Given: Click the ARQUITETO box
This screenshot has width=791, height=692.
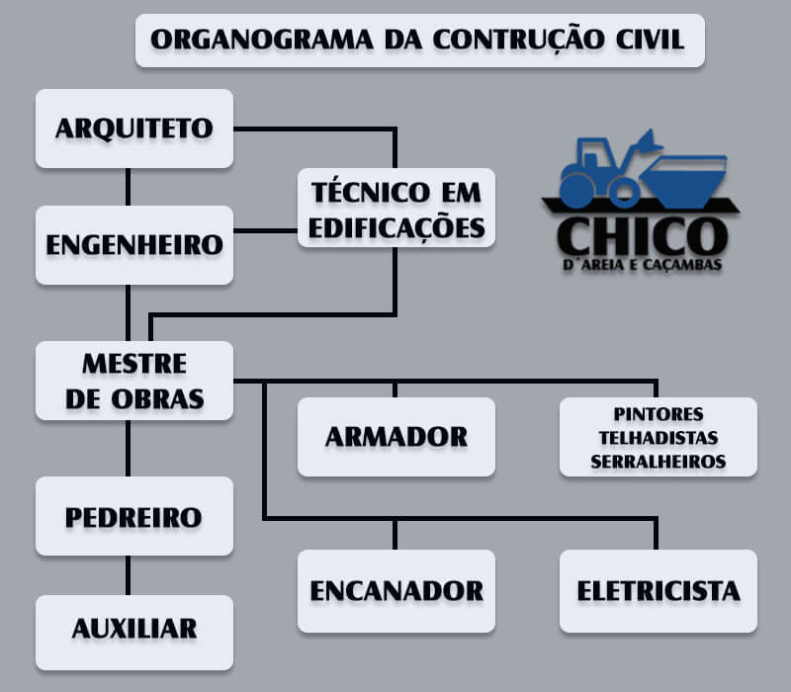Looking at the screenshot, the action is pyautogui.click(x=134, y=129).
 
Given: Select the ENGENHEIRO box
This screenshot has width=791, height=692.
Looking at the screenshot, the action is pyautogui.click(x=134, y=245).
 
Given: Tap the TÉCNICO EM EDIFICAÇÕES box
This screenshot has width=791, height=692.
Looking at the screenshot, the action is pyautogui.click(x=396, y=208).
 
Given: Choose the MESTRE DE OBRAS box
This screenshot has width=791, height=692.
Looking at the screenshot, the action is pyautogui.click(x=134, y=381).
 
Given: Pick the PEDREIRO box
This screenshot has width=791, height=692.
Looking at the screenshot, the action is pyautogui.click(x=134, y=516).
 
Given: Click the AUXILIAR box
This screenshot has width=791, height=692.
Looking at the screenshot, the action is pyautogui.click(x=134, y=633).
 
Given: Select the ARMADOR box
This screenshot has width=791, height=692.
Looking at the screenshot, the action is pyautogui.click(x=396, y=437).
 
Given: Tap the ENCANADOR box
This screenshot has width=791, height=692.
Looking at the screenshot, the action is pyautogui.click(x=396, y=591).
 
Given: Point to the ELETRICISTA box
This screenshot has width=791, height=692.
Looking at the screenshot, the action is pyautogui.click(x=659, y=591).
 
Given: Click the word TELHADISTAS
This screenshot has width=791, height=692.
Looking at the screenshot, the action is pyautogui.click(x=659, y=438).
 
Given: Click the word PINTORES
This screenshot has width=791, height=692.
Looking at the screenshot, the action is pyautogui.click(x=659, y=414).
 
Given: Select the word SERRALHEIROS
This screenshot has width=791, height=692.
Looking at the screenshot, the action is pyautogui.click(x=659, y=462).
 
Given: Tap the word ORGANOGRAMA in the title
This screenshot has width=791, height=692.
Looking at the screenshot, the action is pyautogui.click(x=262, y=40).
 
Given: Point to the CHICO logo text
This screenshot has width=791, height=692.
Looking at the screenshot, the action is pyautogui.click(x=642, y=236).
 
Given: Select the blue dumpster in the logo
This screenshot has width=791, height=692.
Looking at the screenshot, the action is pyautogui.click(x=684, y=181).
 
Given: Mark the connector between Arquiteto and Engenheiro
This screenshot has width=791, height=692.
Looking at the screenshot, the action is pyautogui.click(x=129, y=187).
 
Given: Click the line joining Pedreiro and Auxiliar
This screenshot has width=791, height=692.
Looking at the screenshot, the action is pyautogui.click(x=129, y=575).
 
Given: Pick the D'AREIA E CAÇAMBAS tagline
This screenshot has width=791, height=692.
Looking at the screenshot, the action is pyautogui.click(x=642, y=265).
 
